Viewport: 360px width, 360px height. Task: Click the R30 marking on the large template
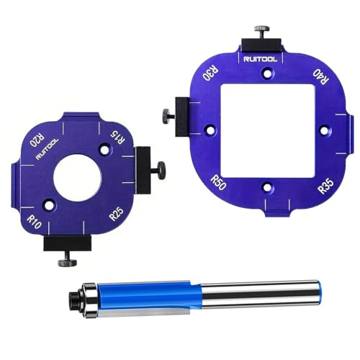click(211, 75)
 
